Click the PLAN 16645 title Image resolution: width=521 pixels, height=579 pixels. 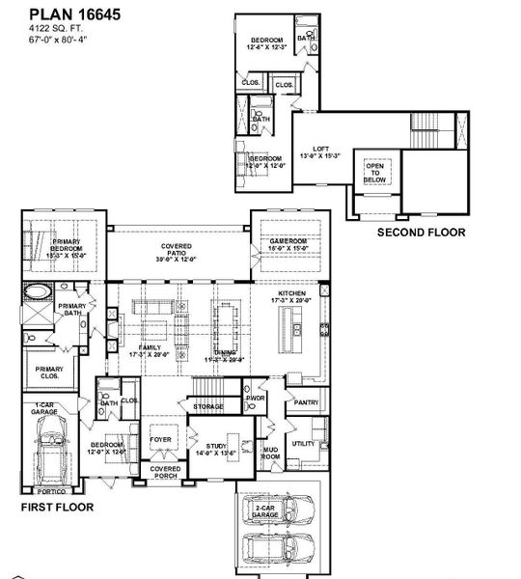coord(62,14)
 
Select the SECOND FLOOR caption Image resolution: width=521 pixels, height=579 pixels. coord(420,233)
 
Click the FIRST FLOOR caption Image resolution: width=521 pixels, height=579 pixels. coord(56,505)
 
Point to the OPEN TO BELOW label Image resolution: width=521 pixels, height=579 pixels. coord(374,173)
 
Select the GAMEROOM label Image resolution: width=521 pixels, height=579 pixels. coord(287,242)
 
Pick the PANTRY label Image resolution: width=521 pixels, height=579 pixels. coord(307,401)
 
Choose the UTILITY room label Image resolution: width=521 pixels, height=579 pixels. coord(303,443)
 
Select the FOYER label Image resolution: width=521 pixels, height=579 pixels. coord(160,439)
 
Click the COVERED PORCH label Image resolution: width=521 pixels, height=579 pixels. coord(165,472)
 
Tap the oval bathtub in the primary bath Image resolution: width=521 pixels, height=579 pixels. coord(40,292)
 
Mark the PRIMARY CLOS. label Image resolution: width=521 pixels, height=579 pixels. coord(49,372)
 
